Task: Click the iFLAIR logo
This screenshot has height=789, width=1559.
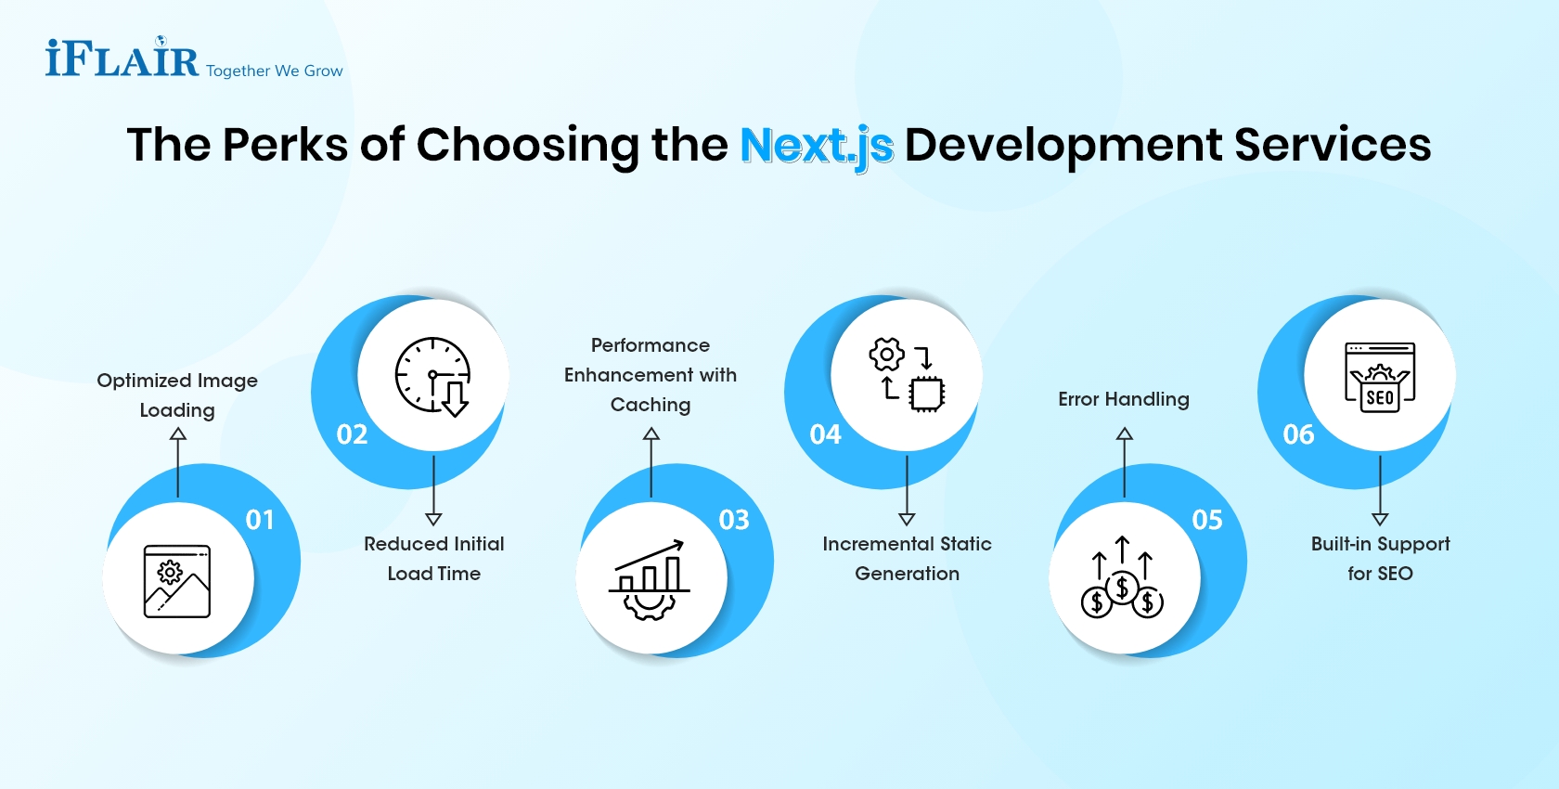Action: pos(122,58)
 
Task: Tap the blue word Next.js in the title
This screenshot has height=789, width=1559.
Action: pos(817,146)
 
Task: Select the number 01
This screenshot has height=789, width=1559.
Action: pos(260,520)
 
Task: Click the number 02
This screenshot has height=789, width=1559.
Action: pos(352,434)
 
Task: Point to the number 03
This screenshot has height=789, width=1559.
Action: pos(734,520)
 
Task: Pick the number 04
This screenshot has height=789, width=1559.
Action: pos(825,434)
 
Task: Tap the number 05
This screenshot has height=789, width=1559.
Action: pos(1207,520)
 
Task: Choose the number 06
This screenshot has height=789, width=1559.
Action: pos(1298,434)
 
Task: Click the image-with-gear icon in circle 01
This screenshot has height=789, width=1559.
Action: pos(177,581)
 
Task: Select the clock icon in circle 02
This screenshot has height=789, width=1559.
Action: pos(433,376)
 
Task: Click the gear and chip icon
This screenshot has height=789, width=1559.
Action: pos(907,375)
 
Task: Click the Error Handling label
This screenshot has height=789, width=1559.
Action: pos(1124,399)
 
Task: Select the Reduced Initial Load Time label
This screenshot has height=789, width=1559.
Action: pos(434,559)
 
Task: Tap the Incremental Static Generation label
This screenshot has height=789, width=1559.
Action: pos(907,559)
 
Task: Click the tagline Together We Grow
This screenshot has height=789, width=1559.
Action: pos(275,71)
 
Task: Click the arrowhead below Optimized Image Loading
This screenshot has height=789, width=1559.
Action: pos(178,433)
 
